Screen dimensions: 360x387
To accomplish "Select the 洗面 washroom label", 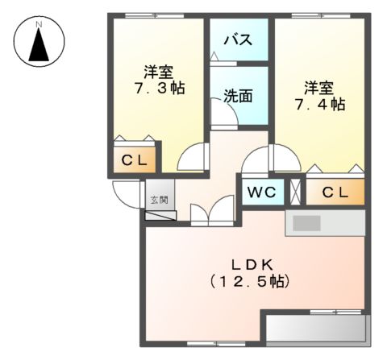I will [x=238, y=95].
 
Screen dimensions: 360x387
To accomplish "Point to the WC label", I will [x=260, y=192].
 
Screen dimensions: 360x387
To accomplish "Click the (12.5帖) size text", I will [x=249, y=282].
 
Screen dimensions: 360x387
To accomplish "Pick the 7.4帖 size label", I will [x=320, y=104].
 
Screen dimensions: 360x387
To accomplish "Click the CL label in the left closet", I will [x=135, y=160].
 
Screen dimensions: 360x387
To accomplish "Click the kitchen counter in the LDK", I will [x=325, y=223].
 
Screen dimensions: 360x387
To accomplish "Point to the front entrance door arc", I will [x=125, y=193].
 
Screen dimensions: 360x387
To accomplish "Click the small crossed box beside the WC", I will [x=295, y=192].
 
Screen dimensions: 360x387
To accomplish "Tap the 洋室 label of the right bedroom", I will [x=320, y=86].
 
